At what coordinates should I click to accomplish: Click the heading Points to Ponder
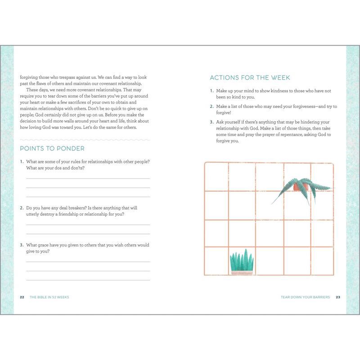(x=52, y=148)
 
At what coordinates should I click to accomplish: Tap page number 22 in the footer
(x=22, y=297)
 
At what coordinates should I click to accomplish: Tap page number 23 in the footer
(x=337, y=297)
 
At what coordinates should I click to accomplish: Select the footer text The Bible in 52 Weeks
(x=49, y=297)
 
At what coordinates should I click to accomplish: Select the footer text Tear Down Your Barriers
(x=305, y=297)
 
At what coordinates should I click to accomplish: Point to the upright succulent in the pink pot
(x=242, y=262)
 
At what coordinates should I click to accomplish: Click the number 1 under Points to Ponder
(x=22, y=162)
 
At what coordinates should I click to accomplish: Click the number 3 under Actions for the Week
(x=211, y=122)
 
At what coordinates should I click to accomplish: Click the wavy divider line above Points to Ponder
(x=85, y=139)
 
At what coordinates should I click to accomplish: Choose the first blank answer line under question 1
(x=88, y=178)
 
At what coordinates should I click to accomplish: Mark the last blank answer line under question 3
(x=88, y=280)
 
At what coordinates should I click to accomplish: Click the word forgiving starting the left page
(x=29, y=77)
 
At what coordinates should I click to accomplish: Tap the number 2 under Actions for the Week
(x=211, y=106)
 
